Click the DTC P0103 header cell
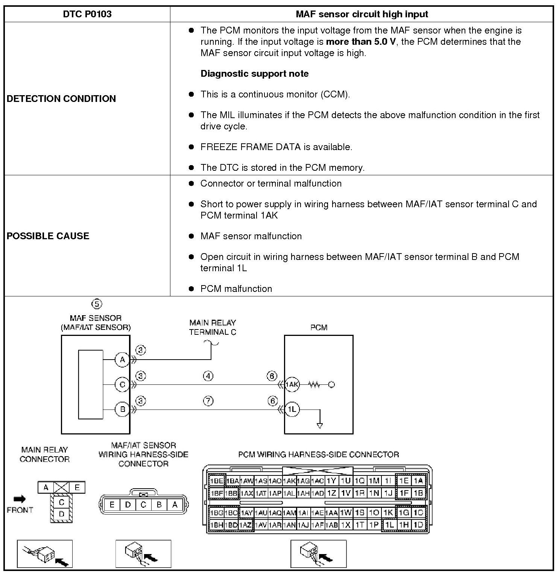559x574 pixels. click(x=87, y=14)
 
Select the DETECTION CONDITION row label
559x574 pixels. click(x=61, y=99)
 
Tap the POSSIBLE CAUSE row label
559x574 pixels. click(x=48, y=236)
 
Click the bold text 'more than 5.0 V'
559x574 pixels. click(x=361, y=41)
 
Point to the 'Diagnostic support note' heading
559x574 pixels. click(x=254, y=73)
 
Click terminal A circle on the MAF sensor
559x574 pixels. click(x=122, y=360)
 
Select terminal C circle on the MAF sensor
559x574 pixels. click(x=122, y=384)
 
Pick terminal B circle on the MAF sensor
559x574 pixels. click(x=122, y=409)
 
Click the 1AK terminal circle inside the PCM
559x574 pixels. click(x=292, y=384)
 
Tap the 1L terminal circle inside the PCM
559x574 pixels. click(x=292, y=409)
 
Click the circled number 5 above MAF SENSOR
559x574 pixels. click(x=97, y=304)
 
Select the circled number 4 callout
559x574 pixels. click(x=208, y=376)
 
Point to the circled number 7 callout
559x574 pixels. click(x=208, y=401)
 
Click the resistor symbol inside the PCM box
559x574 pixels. click(x=314, y=384)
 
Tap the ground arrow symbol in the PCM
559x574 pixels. click(x=320, y=425)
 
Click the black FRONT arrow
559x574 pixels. click(x=20, y=499)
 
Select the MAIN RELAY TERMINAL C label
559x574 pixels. click(x=213, y=327)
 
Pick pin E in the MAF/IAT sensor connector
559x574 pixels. click(x=112, y=505)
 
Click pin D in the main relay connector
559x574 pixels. click(x=62, y=514)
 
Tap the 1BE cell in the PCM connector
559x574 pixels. click(x=216, y=481)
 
